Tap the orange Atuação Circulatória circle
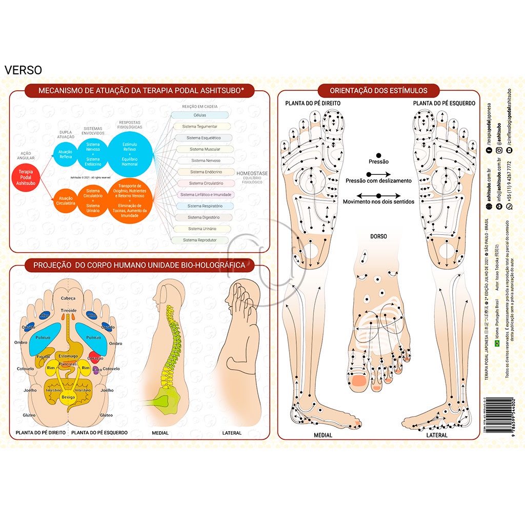click(65, 200)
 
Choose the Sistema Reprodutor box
click(200, 240)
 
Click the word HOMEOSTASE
click(252, 174)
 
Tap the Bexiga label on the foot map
click(68, 397)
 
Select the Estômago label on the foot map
click(68, 356)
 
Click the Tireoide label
click(68, 311)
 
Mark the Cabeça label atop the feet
click(68, 298)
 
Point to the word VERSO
click(23, 70)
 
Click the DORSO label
click(378, 236)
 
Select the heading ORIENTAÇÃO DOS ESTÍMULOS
click(378, 91)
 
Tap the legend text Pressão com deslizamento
click(378, 181)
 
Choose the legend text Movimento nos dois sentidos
click(378, 202)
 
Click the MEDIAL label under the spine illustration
click(160, 433)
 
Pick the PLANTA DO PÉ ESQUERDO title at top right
click(444, 104)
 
